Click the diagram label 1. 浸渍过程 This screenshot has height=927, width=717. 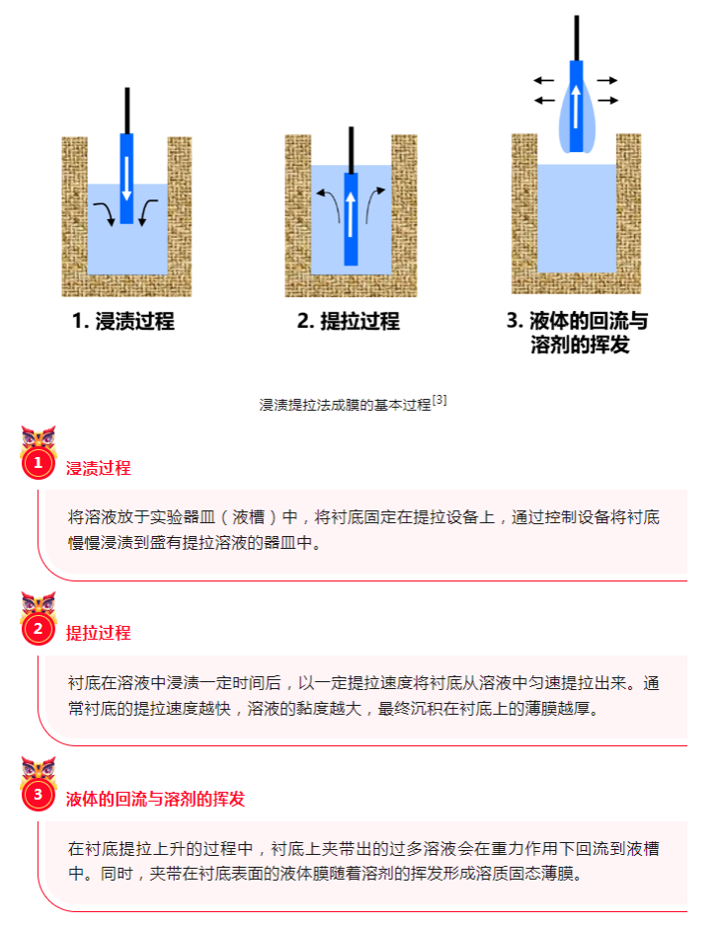(x=123, y=321)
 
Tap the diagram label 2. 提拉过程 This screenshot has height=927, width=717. (x=349, y=321)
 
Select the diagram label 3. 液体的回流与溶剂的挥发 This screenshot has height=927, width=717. (x=578, y=333)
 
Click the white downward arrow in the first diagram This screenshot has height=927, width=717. (x=126, y=179)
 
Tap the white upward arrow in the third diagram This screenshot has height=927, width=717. (x=576, y=107)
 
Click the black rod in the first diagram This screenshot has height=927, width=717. (x=127, y=111)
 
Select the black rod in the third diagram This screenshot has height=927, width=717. (x=577, y=38)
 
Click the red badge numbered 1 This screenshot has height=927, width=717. (x=38, y=463)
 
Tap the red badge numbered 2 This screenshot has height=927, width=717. (x=38, y=629)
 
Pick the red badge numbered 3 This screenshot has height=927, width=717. (x=38, y=794)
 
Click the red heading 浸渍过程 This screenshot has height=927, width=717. (x=98, y=468)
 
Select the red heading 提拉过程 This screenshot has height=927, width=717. (x=98, y=633)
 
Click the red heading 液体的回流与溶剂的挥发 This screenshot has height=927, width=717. (x=155, y=800)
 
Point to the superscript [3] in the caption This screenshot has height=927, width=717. (x=438, y=400)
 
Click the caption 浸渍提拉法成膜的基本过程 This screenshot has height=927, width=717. (x=345, y=405)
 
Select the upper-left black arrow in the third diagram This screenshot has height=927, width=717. (x=543, y=80)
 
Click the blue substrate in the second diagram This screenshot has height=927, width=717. (x=351, y=219)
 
